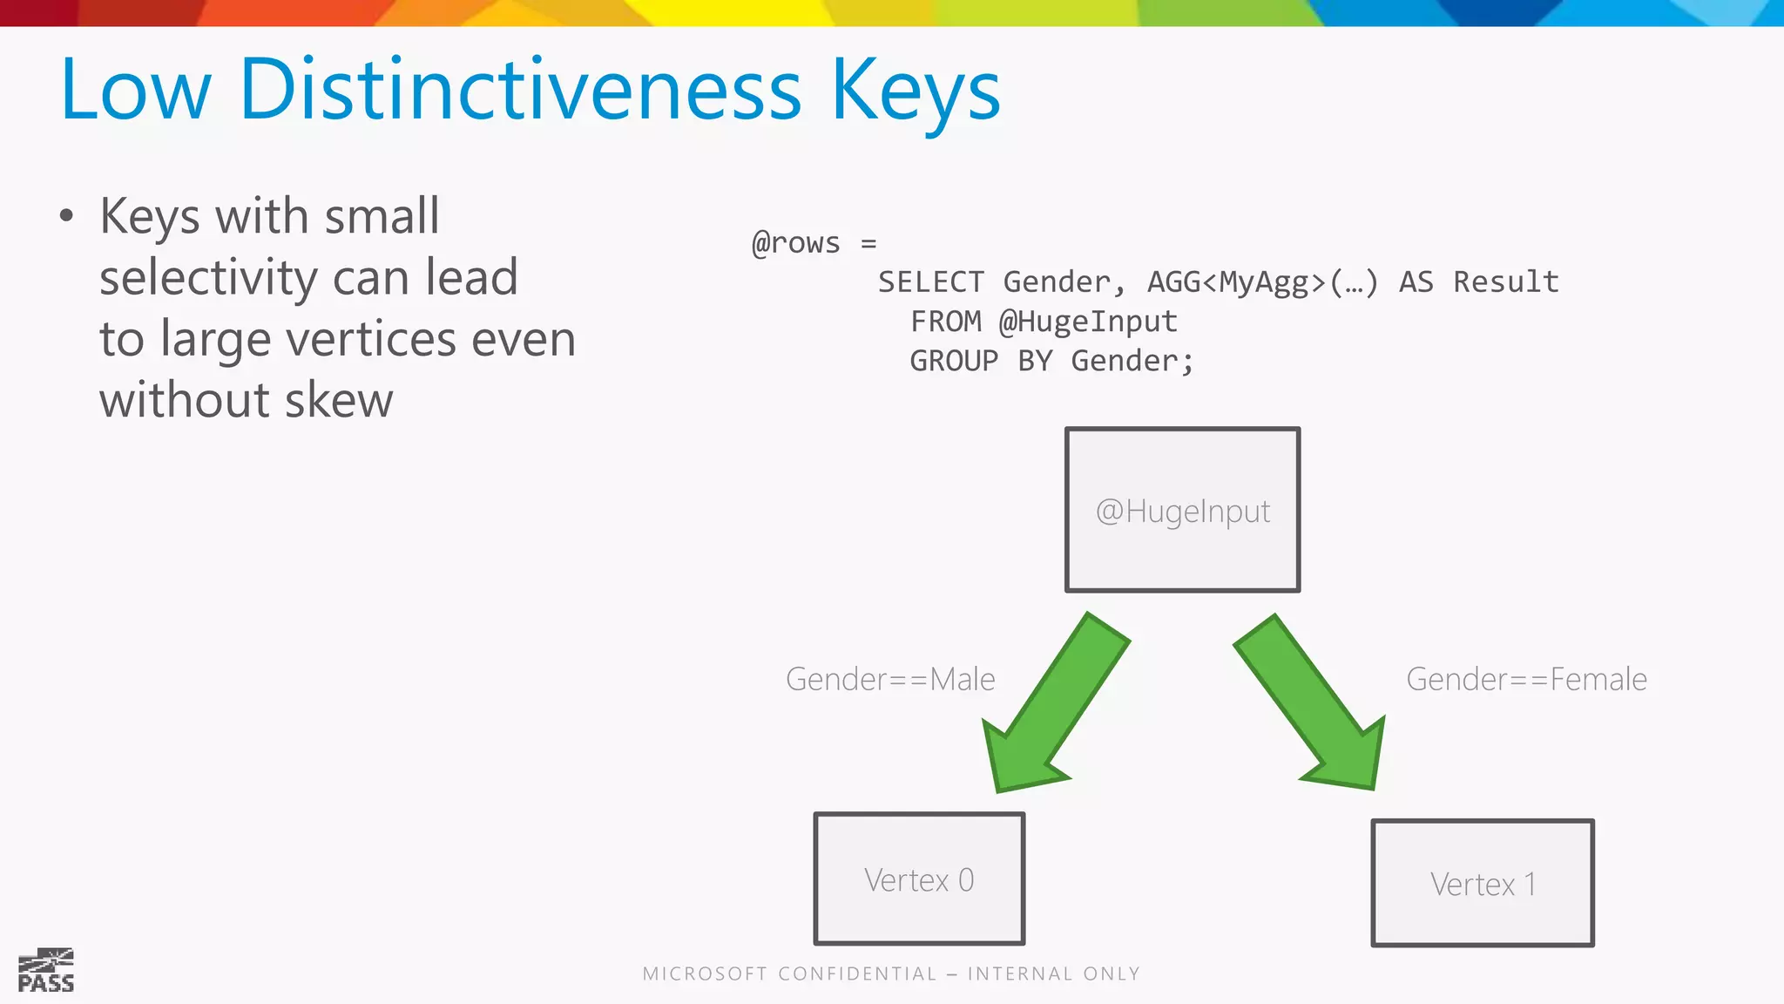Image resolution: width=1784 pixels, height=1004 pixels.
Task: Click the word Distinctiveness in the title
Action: point(520,90)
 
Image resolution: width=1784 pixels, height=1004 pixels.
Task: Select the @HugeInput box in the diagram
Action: point(1182,510)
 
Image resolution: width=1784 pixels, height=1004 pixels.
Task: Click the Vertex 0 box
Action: point(919,878)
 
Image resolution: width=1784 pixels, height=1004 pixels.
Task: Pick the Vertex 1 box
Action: point(1482,883)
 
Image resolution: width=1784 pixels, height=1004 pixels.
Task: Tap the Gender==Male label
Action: point(890,679)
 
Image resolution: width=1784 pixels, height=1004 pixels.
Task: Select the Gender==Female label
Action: point(1526,679)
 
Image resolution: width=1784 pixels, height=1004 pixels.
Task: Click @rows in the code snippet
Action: point(796,243)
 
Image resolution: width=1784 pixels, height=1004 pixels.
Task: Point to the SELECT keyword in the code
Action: point(930,282)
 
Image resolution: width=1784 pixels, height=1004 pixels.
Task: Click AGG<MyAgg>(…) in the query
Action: point(1262,282)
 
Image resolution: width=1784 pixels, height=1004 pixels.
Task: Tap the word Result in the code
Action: point(1505,282)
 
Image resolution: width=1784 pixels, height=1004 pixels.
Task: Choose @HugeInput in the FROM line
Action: point(1088,322)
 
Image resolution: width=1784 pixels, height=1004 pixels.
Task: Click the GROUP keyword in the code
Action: point(954,361)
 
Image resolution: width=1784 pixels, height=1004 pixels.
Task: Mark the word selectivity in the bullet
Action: point(208,278)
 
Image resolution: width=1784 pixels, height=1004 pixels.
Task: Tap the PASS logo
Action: point(46,971)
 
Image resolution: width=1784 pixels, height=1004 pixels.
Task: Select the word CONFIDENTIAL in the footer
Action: point(857,973)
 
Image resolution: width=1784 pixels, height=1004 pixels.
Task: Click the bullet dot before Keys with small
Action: point(67,216)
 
